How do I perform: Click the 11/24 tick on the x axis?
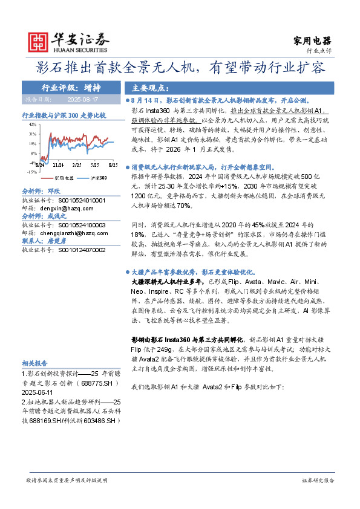coord(59,164)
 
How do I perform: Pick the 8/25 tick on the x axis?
coord(113,164)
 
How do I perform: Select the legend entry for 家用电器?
coord(63,178)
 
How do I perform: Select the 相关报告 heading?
coord(34,363)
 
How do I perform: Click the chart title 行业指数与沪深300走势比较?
coord(63,114)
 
